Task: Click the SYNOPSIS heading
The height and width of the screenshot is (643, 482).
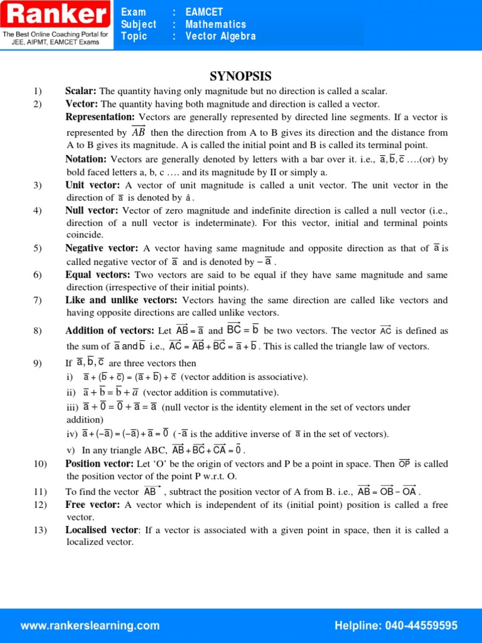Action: click(240, 77)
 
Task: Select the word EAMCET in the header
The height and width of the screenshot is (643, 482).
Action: click(204, 12)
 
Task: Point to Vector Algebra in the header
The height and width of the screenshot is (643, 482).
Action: click(221, 36)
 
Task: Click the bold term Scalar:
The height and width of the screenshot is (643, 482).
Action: click(82, 91)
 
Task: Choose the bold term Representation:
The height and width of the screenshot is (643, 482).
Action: click(100, 117)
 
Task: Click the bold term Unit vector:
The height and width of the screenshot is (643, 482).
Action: click(92, 185)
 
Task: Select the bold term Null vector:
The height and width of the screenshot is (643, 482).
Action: click(92, 210)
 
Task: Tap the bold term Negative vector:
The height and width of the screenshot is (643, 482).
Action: click(102, 248)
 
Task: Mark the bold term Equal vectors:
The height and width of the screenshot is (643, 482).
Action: click(98, 274)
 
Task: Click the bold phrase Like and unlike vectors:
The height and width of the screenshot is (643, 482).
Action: click(121, 300)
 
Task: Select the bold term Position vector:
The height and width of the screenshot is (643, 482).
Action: click(99, 463)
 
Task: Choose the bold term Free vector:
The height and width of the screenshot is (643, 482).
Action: click(92, 504)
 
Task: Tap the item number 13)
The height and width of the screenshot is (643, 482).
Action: click(41, 530)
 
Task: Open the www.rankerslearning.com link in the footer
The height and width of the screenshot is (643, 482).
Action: click(90, 625)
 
